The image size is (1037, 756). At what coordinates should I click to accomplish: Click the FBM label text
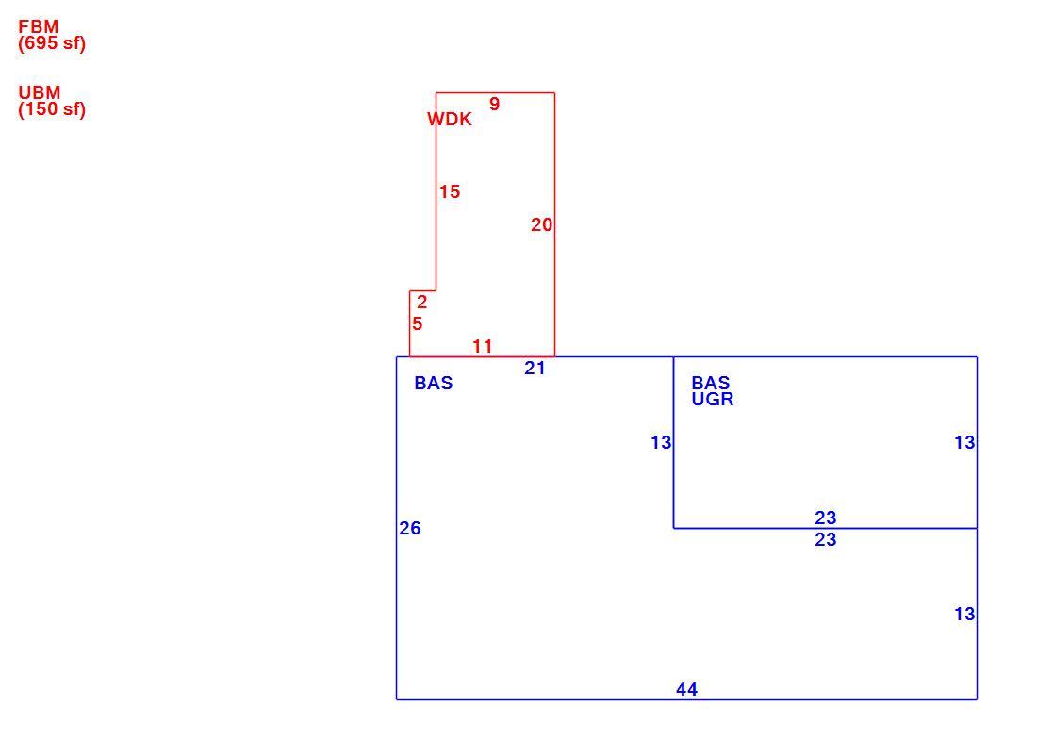point(39,26)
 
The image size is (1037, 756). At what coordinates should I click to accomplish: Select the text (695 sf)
point(52,43)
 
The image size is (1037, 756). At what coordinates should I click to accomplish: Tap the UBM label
point(39,92)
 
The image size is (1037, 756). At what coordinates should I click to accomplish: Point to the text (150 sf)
point(52,109)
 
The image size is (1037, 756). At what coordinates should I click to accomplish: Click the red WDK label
point(450,119)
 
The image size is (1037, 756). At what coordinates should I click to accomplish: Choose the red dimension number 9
point(494,104)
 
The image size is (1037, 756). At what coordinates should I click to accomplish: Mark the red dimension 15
point(450,191)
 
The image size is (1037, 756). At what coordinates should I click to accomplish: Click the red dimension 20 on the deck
point(542,225)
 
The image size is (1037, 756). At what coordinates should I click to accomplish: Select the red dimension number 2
point(422,303)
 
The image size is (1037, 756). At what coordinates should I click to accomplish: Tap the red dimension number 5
point(418,324)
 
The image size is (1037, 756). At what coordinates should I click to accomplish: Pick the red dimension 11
point(483,346)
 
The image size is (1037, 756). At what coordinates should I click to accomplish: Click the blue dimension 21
point(535,369)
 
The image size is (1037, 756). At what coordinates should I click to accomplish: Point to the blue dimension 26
point(410,528)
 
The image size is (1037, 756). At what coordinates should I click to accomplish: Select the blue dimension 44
point(686,689)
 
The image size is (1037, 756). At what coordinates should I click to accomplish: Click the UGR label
point(713,399)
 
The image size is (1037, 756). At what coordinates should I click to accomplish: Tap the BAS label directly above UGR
point(711,383)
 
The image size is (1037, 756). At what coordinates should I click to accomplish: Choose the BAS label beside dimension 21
point(434,383)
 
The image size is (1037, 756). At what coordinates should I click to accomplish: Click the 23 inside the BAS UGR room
point(826,518)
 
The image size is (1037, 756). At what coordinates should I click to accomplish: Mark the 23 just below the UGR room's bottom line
point(826,540)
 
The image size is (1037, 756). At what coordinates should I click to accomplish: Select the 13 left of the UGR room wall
point(662,442)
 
